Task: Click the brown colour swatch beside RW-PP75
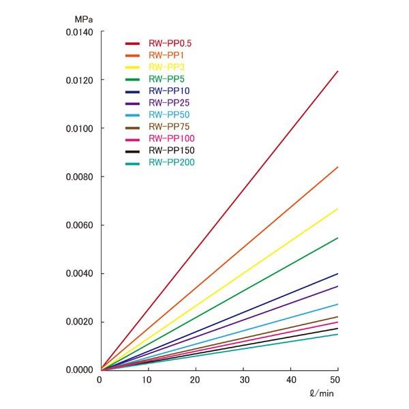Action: (132, 127)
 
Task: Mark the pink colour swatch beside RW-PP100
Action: (132, 138)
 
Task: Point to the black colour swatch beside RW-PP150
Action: (132, 151)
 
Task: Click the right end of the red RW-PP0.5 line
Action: (338, 71)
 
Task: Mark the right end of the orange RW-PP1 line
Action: (338, 167)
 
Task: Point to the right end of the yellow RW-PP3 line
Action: (338, 209)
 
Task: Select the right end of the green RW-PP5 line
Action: (338, 237)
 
